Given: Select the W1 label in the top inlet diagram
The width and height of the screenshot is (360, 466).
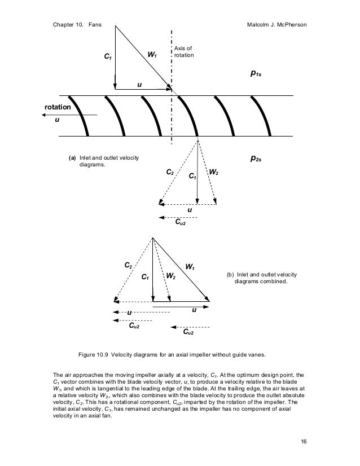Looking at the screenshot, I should point(152,55).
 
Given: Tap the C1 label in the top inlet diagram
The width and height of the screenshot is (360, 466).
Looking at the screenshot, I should point(107,57).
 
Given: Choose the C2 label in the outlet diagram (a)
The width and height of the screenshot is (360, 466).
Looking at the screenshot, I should point(170,172).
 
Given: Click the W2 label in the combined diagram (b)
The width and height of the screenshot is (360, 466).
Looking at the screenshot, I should point(170,276).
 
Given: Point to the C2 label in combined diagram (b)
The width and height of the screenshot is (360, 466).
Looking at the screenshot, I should point(128,264).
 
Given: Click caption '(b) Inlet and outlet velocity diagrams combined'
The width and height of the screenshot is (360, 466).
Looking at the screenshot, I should point(261,278).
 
